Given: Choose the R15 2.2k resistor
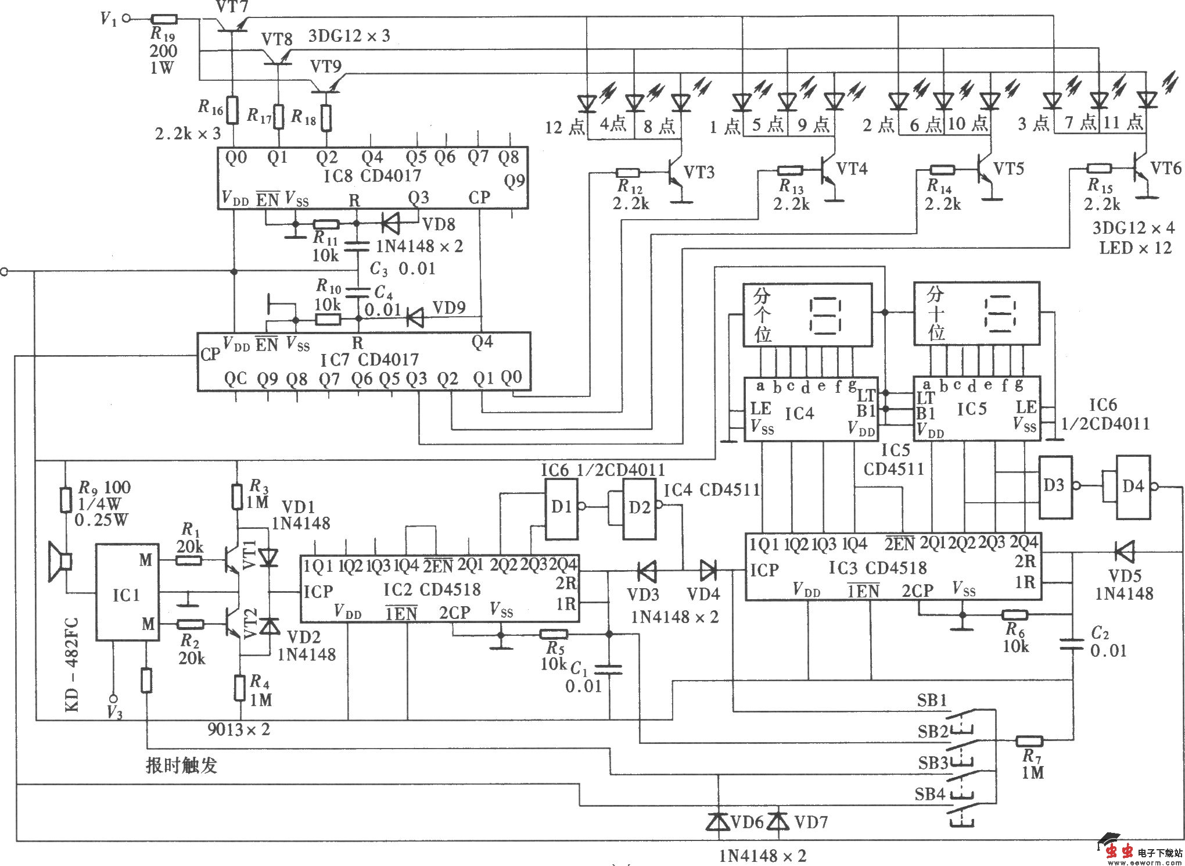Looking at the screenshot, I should click(x=1099, y=169).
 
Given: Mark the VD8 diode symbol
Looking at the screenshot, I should click(x=391, y=223).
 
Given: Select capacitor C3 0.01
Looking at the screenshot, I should click(x=358, y=247).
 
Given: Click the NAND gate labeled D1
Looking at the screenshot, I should click(x=561, y=507).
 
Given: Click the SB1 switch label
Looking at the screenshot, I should click(x=932, y=700).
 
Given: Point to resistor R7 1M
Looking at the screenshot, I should click(x=1029, y=741).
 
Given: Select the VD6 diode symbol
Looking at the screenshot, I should click(x=719, y=821).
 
